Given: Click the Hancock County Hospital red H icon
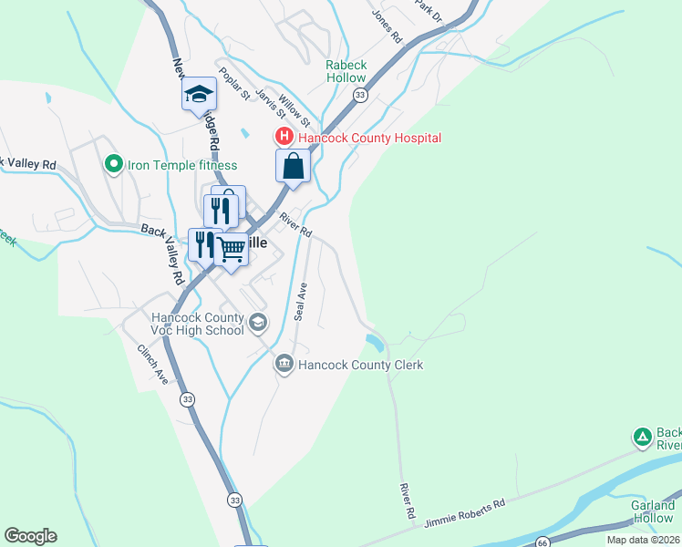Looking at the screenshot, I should (284, 138).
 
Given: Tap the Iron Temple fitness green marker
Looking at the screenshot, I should (113, 165).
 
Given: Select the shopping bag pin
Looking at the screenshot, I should (294, 167).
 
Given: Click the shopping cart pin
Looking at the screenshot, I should (232, 248).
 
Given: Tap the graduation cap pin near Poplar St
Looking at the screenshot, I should (199, 95).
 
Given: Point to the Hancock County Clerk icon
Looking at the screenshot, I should (284, 365).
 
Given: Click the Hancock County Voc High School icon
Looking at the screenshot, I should (258, 322).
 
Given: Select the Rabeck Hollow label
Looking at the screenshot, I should (346, 71).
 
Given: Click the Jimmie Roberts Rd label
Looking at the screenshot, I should (464, 513).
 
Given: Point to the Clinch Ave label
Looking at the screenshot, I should (153, 364).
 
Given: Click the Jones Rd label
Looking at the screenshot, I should (386, 25).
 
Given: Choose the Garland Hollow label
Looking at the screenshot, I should (652, 511).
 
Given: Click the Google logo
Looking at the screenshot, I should (30, 536).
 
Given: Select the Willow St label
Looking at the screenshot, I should (295, 110).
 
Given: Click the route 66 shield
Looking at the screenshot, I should (542, 542).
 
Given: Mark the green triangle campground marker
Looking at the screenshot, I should (643, 438).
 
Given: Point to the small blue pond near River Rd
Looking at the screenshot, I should (374, 343).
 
